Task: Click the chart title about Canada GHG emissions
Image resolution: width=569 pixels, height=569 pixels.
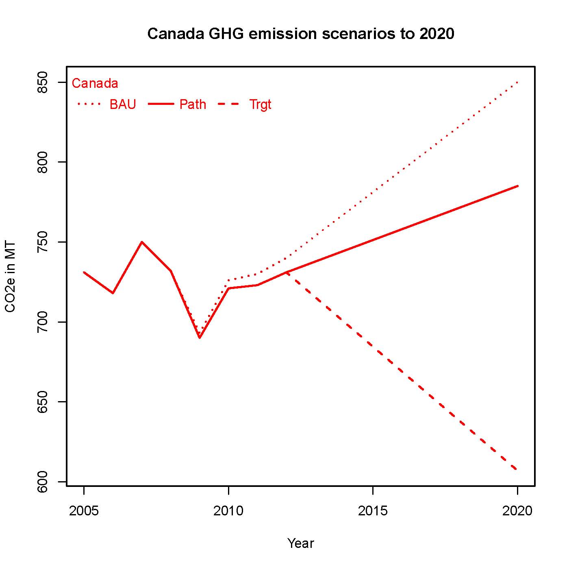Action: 300,34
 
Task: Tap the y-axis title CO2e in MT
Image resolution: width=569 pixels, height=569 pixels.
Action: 11,277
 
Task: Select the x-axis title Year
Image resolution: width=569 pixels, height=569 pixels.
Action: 300,543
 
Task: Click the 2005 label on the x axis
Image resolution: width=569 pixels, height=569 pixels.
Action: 84,511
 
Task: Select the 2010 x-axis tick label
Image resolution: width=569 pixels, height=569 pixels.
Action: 228,511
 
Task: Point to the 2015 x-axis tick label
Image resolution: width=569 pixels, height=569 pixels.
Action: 373,511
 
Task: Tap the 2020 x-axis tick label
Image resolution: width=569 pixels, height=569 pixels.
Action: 517,511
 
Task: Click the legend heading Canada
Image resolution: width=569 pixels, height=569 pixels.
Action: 95,83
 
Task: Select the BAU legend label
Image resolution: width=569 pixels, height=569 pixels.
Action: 122,104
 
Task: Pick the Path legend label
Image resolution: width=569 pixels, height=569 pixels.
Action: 193,104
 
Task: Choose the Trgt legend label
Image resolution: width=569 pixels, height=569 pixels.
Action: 260,104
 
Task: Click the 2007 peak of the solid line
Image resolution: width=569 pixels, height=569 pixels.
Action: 142,242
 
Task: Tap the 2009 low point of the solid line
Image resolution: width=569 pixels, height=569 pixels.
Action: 200,338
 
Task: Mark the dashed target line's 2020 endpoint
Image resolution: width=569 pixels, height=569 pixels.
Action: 517,470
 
